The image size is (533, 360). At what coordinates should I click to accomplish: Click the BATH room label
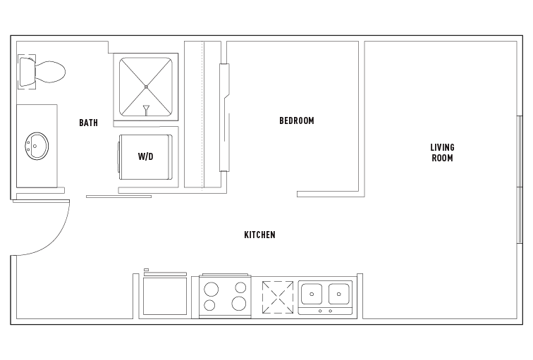click(x=88, y=123)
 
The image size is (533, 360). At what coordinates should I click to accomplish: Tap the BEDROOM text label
click(x=297, y=121)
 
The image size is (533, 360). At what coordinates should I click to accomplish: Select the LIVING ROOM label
click(x=442, y=152)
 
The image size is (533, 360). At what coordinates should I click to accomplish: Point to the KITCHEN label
click(x=259, y=235)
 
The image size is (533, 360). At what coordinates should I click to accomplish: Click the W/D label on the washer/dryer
click(x=146, y=156)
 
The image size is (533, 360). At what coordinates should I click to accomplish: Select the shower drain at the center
click(x=146, y=87)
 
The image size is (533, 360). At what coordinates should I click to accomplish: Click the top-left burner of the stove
click(x=210, y=287)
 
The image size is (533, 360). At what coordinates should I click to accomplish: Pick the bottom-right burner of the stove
click(x=240, y=304)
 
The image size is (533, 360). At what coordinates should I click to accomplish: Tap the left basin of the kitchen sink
click(x=312, y=292)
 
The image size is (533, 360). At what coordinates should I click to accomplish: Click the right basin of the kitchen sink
click(x=340, y=292)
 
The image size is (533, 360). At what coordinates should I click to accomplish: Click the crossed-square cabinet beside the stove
click(x=278, y=297)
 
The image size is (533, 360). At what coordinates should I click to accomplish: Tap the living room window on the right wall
click(x=520, y=179)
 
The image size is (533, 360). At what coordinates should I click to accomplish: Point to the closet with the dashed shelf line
click(x=203, y=114)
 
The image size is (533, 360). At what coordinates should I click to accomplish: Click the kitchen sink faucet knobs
click(x=325, y=311)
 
